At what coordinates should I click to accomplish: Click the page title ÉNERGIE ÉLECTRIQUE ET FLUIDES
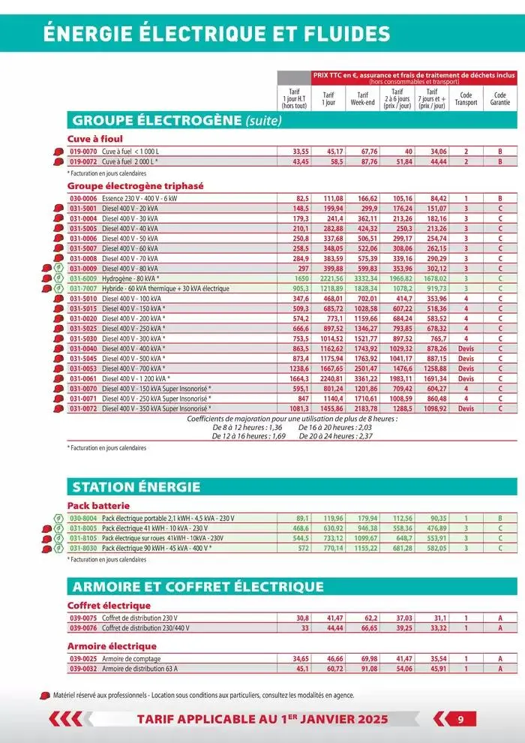point(217,35)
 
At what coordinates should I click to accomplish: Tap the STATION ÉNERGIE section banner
point(136,487)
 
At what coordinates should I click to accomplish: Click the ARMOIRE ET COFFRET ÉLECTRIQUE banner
point(197,586)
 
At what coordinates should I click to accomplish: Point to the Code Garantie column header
point(499,99)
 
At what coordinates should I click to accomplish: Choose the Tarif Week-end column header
point(362,99)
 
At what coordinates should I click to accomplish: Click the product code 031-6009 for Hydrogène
point(83,278)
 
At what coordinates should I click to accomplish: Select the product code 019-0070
point(83,151)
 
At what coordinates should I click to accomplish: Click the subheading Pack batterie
point(98,506)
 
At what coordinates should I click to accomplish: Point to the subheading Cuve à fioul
point(95,139)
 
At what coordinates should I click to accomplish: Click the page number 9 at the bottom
point(462,719)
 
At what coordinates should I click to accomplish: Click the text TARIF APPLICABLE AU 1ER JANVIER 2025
point(262,719)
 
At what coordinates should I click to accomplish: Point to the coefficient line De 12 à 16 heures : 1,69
point(249,436)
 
